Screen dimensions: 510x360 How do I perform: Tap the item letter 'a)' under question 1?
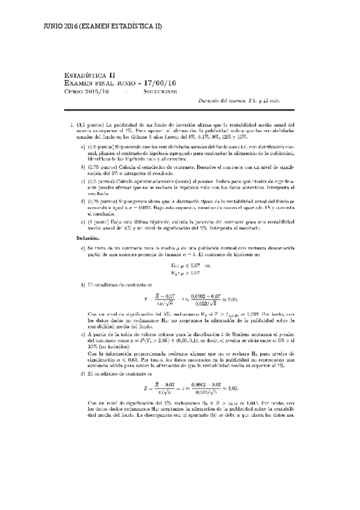click(x=83, y=147)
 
